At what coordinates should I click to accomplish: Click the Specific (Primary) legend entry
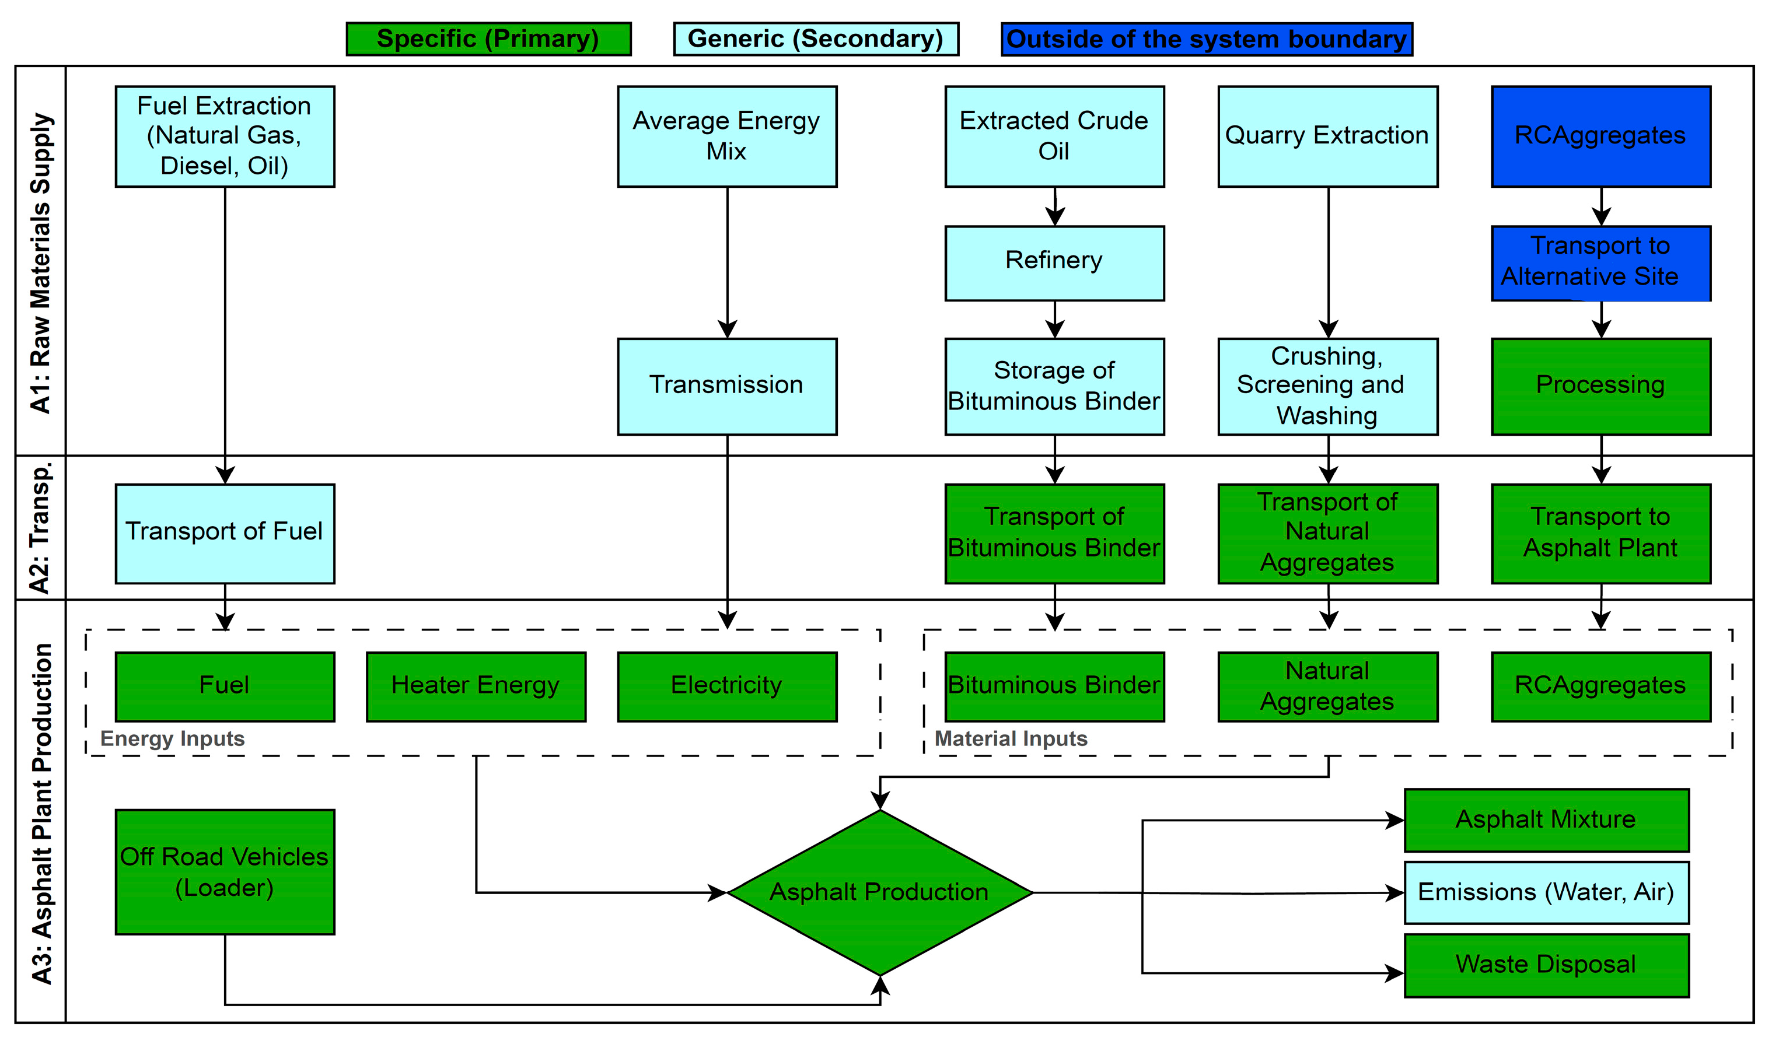(488, 38)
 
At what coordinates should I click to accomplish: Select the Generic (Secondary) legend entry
(816, 38)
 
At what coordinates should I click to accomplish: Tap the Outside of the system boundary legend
(1206, 38)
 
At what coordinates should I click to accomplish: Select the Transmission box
(726, 386)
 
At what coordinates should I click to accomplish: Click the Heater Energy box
(476, 686)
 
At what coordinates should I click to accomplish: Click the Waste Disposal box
(1546, 965)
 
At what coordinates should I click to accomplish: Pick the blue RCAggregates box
(1600, 136)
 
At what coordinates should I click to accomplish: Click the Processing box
(1600, 386)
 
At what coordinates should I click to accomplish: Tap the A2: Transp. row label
(40, 528)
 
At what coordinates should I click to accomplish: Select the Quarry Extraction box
(1327, 136)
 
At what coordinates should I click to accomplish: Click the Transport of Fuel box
(225, 532)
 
